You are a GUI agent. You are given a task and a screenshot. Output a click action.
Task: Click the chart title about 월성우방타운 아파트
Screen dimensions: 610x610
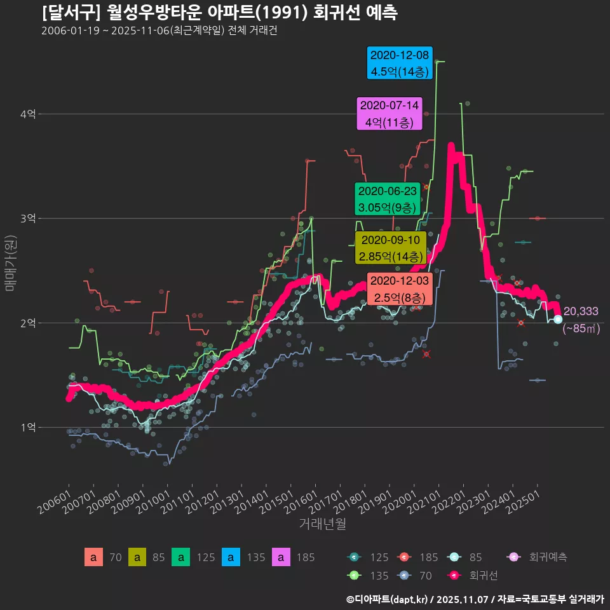pyautogui.click(x=219, y=13)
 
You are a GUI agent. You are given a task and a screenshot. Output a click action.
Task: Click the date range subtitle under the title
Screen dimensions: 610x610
pyautogui.click(x=159, y=31)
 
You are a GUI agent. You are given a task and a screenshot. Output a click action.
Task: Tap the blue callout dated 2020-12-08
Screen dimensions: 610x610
pyautogui.click(x=400, y=63)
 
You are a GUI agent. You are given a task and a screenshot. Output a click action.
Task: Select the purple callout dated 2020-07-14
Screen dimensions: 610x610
pyautogui.click(x=390, y=114)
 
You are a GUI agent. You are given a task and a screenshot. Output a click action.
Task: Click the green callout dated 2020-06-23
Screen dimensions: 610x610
pyautogui.click(x=388, y=199)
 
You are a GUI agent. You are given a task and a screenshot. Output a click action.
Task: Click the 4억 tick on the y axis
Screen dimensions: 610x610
pyautogui.click(x=28, y=114)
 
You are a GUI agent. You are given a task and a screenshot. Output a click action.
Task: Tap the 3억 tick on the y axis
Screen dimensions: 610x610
pyautogui.click(x=28, y=219)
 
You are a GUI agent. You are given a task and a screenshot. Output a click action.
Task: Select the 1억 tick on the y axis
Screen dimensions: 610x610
pyautogui.click(x=28, y=428)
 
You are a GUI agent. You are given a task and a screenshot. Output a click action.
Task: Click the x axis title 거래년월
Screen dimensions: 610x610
pyautogui.click(x=322, y=524)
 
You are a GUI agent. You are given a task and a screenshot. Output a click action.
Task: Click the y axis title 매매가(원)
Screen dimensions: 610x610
pyautogui.click(x=10, y=262)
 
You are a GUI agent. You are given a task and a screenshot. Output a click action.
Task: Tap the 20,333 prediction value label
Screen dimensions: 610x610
pyautogui.click(x=580, y=311)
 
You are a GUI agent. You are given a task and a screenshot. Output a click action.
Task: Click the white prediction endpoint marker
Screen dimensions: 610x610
pyautogui.click(x=557, y=319)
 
